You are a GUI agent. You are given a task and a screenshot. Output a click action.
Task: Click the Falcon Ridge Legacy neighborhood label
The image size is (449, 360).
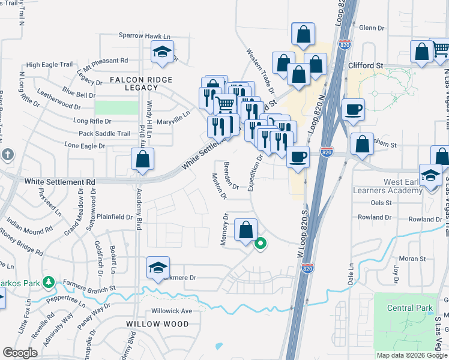click(141, 83)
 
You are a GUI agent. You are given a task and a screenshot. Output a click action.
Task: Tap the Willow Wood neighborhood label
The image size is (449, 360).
click(157, 324)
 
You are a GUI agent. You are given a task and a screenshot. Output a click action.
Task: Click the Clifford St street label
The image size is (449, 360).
click(366, 65)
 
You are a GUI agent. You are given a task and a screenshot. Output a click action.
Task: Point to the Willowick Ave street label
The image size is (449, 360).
click(172, 311)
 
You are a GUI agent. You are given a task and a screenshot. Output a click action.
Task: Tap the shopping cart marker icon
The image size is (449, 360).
click(225, 104)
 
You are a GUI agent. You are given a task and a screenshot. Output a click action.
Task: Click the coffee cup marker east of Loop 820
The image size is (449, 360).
click(354, 109)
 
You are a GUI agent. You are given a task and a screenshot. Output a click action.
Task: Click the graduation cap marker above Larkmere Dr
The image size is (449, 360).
click(158, 268)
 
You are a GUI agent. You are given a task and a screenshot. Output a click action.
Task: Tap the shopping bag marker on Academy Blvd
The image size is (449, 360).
click(142, 159)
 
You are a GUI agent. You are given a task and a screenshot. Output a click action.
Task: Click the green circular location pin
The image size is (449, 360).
click(261, 244)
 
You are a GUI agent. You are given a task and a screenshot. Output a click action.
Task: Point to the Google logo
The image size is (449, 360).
click(20, 353)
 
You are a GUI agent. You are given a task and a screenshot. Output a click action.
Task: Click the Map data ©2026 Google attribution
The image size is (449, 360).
click(411, 355)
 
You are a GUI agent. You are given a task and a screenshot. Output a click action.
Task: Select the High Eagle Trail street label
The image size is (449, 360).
click(49, 65)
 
